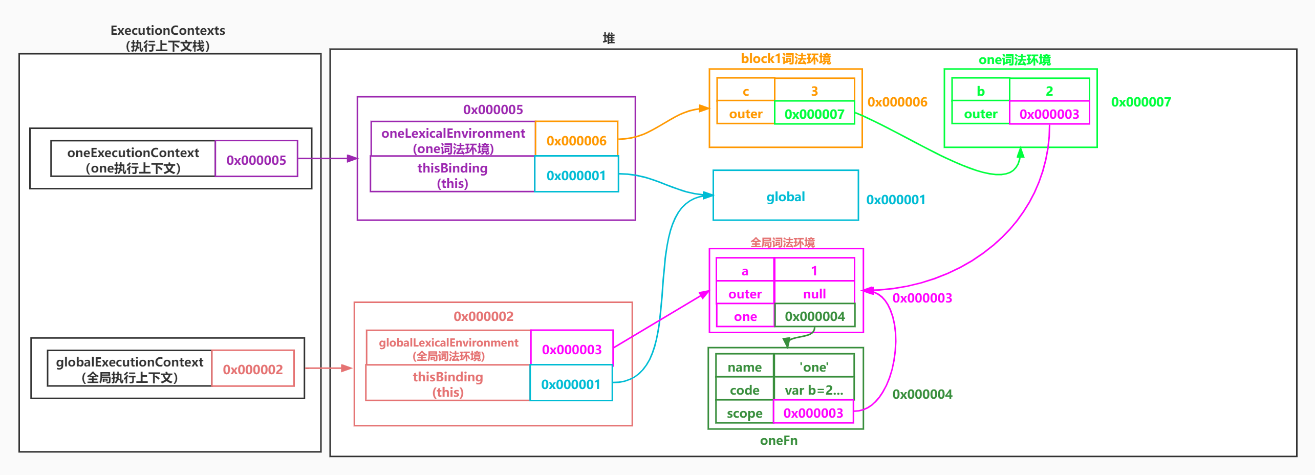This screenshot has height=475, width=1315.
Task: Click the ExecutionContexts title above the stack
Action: click(x=167, y=31)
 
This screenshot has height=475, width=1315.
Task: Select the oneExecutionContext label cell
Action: click(x=133, y=160)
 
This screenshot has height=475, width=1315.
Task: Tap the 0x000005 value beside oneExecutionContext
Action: click(x=256, y=160)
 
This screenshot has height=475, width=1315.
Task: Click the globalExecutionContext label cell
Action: click(x=130, y=369)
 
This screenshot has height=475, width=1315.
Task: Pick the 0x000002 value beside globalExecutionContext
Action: click(x=252, y=370)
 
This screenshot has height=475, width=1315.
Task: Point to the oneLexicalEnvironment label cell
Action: click(x=453, y=140)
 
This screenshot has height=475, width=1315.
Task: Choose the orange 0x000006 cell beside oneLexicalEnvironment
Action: click(x=576, y=141)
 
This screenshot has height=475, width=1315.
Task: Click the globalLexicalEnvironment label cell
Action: click(x=448, y=349)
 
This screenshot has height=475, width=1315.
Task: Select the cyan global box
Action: click(x=785, y=197)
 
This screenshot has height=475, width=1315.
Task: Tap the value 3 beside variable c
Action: click(x=814, y=91)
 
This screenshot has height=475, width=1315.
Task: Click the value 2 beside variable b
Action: click(x=1049, y=91)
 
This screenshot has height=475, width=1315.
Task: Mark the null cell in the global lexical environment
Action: click(x=814, y=294)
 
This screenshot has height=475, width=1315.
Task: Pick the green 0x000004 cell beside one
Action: click(x=814, y=316)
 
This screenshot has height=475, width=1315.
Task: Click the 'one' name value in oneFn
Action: click(x=814, y=367)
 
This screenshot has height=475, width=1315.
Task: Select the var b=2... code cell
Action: click(x=814, y=390)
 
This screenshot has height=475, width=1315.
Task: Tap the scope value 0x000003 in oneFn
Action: click(x=813, y=413)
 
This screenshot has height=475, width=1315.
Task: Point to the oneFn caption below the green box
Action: click(x=779, y=440)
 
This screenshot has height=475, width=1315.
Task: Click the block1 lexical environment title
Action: click(x=786, y=59)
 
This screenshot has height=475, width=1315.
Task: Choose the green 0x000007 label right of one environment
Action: click(x=1140, y=102)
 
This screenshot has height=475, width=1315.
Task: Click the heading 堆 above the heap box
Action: click(x=608, y=38)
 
